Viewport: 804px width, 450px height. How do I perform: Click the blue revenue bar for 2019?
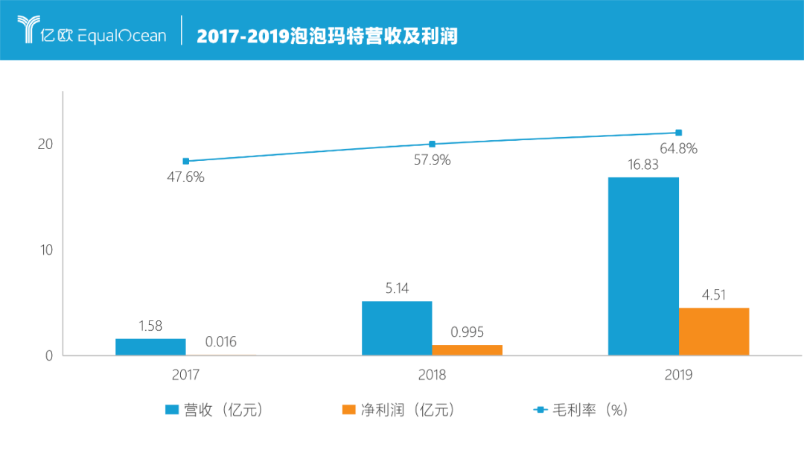643,266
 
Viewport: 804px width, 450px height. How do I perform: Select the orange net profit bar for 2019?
713,332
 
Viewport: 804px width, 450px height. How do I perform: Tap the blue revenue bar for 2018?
397,328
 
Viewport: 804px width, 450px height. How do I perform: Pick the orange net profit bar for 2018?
467,350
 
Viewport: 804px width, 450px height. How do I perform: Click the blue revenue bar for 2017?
150,347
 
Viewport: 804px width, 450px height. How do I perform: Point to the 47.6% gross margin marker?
186,161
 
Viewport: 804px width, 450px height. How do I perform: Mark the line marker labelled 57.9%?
432,144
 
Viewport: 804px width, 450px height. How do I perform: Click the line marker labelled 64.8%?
678,133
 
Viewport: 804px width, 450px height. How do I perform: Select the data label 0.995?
467,332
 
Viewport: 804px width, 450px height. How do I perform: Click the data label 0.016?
221,342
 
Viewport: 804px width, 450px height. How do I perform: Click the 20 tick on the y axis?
46,144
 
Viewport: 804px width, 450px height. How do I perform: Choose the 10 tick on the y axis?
46,250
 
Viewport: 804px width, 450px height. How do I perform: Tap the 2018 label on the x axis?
432,375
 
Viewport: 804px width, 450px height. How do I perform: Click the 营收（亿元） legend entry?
214,410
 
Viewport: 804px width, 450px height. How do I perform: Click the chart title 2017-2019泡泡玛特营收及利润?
327,35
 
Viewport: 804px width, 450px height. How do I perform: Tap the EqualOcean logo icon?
30,30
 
